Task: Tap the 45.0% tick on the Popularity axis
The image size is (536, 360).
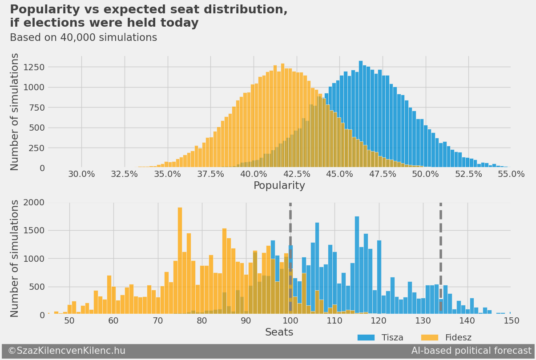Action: click(339, 174)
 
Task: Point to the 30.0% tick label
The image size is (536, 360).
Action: click(81, 174)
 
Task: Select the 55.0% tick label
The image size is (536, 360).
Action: click(511, 174)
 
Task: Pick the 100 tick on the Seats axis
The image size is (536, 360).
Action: click(290, 321)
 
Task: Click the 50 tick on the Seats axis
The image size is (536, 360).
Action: click(69, 321)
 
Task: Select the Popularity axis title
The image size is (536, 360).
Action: click(279, 186)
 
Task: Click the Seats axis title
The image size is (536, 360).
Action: click(279, 332)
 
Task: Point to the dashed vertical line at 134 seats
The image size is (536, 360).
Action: click(440, 249)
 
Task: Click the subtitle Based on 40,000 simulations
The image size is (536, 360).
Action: click(83, 38)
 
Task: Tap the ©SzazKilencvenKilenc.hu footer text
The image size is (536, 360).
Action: click(67, 351)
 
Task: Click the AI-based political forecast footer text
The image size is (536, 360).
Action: click(471, 351)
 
